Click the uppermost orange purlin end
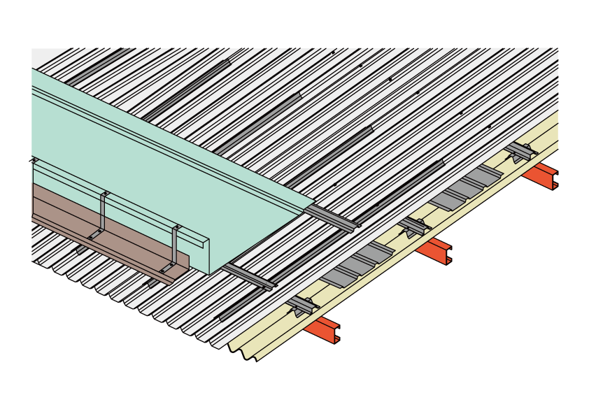pos(540,175)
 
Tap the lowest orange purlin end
pos(322,329)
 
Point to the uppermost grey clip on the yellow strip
pos(520,151)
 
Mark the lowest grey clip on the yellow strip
pos(302,305)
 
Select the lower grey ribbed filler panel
pos(357,262)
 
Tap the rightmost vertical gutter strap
pos(174,245)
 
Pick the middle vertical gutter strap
pos(103,213)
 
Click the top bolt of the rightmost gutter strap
pos(177,227)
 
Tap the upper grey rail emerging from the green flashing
pos(332,217)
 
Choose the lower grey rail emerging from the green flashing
pos(248,277)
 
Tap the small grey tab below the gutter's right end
pos(152,282)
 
